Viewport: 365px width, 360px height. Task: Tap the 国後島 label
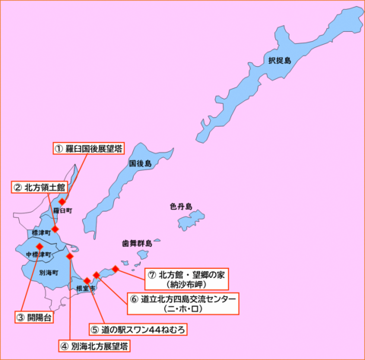point(140,164)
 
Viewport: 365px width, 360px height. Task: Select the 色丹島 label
point(181,206)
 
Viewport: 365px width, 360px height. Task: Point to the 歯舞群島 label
point(138,244)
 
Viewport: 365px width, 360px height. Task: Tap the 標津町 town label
point(40,232)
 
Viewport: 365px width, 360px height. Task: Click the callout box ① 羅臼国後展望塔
point(88,148)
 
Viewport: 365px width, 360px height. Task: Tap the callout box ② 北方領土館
point(40,186)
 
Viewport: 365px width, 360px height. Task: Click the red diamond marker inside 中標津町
point(39,246)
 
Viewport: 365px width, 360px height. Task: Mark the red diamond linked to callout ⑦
point(115,268)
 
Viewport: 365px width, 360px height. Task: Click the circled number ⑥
point(134,299)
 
